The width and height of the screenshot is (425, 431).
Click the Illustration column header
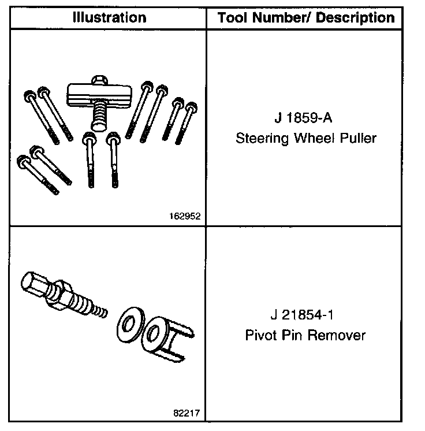[109, 17]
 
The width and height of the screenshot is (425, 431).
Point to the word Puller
[357, 139]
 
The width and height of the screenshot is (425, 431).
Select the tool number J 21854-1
[305, 316]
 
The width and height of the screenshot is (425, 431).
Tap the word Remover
[335, 335]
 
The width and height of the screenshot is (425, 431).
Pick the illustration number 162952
[186, 217]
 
